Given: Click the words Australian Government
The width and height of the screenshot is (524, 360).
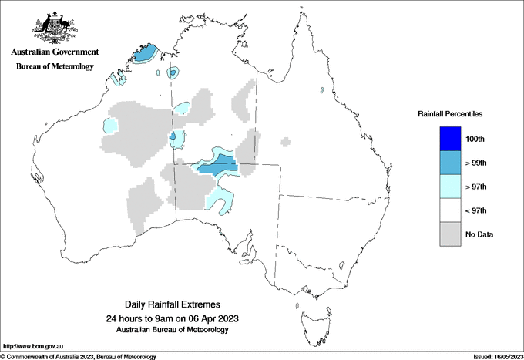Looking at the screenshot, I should pyautogui.click(x=55, y=52).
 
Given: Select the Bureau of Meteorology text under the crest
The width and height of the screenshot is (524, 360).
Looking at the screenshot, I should pyautogui.click(x=55, y=66).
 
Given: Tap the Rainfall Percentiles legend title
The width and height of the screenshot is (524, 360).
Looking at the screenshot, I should pyautogui.click(x=450, y=114).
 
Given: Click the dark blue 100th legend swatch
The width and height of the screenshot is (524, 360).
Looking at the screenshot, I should pyautogui.click(x=450, y=139).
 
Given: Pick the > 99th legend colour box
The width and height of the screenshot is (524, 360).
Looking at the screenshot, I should pyautogui.click(x=450, y=163).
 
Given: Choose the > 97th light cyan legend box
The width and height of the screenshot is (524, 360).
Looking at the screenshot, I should pyautogui.click(x=450, y=187).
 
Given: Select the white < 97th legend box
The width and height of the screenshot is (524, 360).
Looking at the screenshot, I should pyautogui.click(x=450, y=210).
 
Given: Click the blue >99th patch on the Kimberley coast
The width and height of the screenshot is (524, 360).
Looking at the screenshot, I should pyautogui.click(x=144, y=55).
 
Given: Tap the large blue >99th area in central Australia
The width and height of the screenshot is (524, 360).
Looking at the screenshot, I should pyautogui.click(x=218, y=164).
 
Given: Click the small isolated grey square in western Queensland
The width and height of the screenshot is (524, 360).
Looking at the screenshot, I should pyautogui.click(x=286, y=141).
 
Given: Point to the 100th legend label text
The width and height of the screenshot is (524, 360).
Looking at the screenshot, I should pyautogui.click(x=475, y=139).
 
